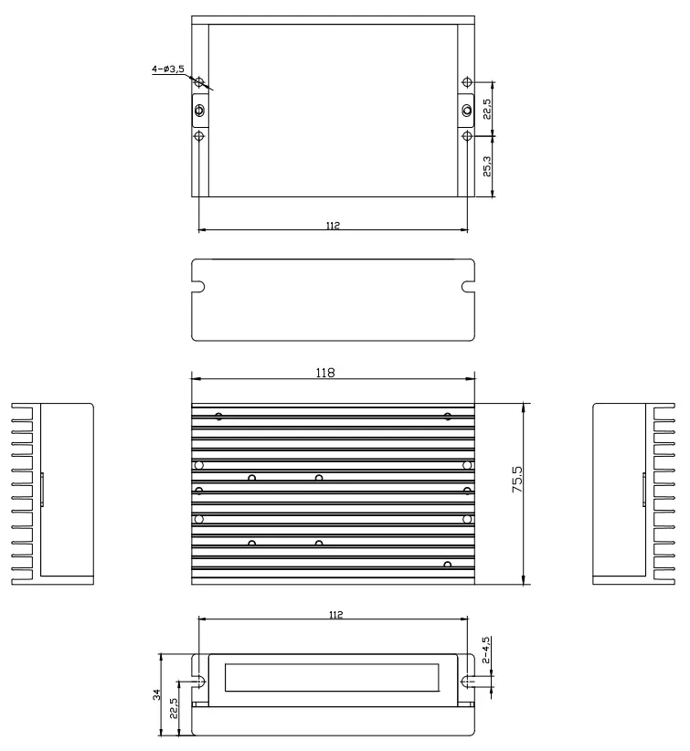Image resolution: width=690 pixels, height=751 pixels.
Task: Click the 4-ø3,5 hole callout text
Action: coord(168,69)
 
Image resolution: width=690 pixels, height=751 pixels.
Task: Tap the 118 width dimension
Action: coord(325,373)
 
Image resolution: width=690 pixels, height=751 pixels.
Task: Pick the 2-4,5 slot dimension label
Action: coord(486,650)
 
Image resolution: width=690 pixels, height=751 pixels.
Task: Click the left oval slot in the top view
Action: coord(199,111)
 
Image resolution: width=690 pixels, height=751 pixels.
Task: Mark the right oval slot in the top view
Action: coord(467,111)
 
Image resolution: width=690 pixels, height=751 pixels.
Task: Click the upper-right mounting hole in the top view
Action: coord(467,82)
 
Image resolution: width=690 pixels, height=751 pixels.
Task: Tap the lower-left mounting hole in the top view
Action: coord(199,136)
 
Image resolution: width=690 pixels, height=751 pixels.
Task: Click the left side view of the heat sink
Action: coord(53,493)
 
